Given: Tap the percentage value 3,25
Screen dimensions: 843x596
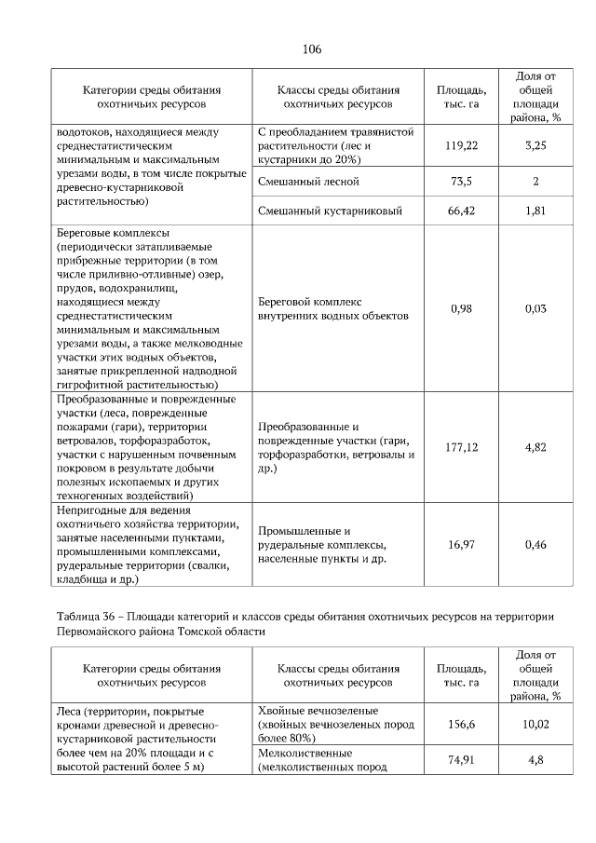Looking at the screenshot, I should point(535,146).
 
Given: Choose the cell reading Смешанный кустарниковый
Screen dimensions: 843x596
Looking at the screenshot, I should point(330,211).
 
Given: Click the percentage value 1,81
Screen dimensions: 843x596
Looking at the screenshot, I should point(535,211).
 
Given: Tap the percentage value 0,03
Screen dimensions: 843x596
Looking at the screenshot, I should point(535,308).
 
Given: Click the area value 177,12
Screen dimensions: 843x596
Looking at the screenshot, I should point(461,448).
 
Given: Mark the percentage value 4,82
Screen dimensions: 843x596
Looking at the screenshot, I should point(535,448).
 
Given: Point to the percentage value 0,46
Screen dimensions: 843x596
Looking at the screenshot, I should point(535,545).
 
